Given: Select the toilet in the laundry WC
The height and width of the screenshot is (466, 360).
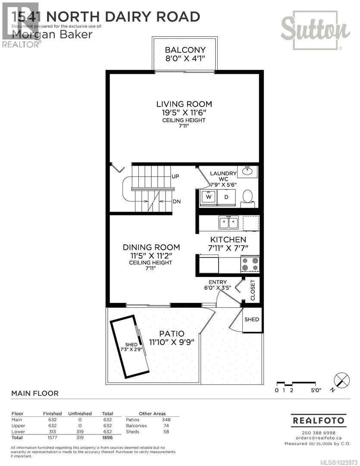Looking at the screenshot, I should coord(248,196).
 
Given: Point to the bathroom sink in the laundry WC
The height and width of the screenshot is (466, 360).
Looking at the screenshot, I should coord(247,171).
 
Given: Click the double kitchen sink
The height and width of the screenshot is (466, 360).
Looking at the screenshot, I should coord(229,223).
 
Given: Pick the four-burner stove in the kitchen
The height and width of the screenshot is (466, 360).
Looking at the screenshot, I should coord(250,263).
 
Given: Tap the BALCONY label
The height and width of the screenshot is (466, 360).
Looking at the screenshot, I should coord(185,50).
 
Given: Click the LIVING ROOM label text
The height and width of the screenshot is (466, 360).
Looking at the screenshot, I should coord(184,104).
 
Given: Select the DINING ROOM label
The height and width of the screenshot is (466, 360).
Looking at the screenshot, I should coord(151,247).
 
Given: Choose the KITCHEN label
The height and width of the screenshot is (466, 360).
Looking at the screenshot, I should coord(228,239).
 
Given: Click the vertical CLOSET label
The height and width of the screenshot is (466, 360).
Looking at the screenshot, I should coord(253,290).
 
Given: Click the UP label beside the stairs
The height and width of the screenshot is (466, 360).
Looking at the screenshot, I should coord(175,176).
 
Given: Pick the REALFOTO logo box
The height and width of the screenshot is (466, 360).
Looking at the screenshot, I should coord(319,420).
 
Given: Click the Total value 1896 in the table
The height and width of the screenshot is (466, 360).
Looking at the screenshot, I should coord(107,438).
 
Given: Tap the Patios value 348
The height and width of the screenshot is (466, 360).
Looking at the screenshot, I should coord(166,419).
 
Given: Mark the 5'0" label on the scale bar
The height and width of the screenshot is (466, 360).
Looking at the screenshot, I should coord(316,390).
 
